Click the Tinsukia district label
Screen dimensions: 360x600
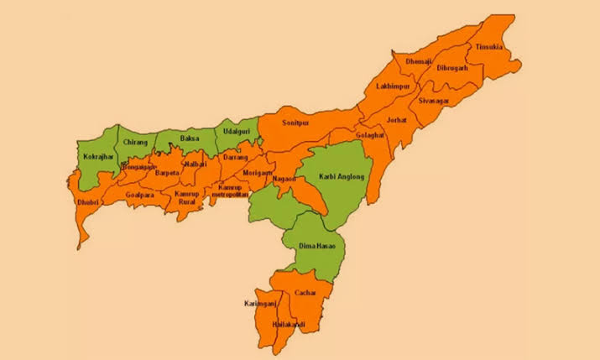coord(488,48)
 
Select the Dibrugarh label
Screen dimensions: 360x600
coord(452,68)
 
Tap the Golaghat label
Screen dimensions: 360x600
coord(369,135)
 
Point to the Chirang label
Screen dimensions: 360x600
coord(135,143)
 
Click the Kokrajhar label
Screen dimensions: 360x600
coord(97,157)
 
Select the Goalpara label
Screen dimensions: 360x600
coord(139,195)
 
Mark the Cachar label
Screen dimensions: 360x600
coord(304,293)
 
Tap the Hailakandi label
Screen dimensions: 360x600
coord(289,324)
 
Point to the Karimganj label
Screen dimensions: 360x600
coord(259,302)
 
